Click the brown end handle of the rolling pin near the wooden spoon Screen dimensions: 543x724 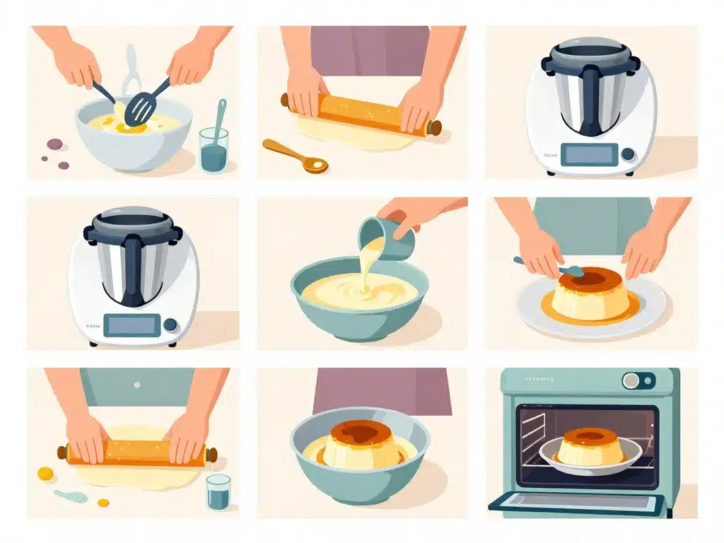coord(435,128)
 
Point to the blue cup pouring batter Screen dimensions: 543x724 coord(378,238)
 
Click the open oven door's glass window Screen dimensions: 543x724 coord(576,502)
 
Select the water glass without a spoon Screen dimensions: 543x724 coord(218,492)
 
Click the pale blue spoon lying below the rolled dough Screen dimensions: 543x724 coord(70,496)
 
